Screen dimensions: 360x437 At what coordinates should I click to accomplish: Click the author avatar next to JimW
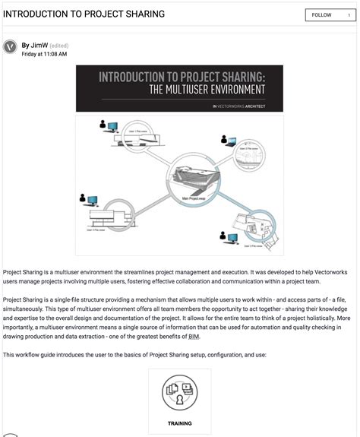pyautogui.click(x=11, y=46)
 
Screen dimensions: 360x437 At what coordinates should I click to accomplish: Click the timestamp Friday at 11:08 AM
pyautogui.click(x=44, y=55)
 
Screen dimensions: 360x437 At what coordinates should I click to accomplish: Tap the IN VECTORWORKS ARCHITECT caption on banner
pyautogui.click(x=238, y=106)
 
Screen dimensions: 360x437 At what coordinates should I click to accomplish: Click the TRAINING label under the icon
pyautogui.click(x=179, y=423)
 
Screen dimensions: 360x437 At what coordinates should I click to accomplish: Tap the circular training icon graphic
pyautogui.click(x=179, y=393)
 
